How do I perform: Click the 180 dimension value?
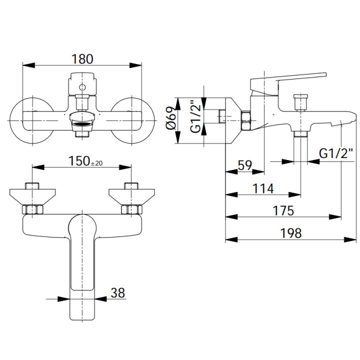(x=82, y=58)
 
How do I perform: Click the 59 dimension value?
(x=244, y=165)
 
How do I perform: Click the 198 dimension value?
(x=290, y=233)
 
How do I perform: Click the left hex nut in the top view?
(x=32, y=209)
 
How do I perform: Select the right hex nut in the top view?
(x=131, y=209)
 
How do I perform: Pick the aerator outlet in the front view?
(x=82, y=120)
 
